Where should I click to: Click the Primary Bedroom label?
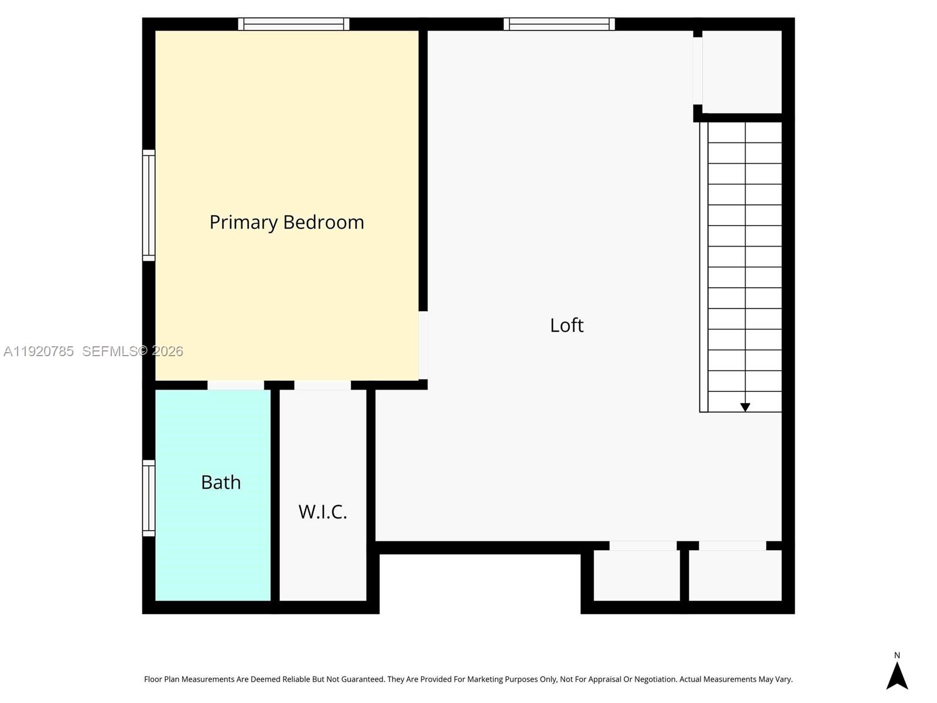(286, 222)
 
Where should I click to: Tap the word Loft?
(566, 325)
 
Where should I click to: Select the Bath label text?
(221, 482)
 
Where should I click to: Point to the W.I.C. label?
(323, 512)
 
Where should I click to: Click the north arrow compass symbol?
(897, 676)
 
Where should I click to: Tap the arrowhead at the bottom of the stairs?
(745, 407)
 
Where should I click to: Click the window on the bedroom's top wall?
(293, 24)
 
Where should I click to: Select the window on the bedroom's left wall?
(149, 205)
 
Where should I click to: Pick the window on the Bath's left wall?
(149, 498)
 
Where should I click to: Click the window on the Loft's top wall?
(559, 24)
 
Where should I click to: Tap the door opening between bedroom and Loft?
(423, 345)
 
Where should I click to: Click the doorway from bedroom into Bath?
(235, 385)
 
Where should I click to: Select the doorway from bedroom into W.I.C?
(322, 385)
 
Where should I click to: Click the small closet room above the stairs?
(742, 71)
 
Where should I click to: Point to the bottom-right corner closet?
(735, 575)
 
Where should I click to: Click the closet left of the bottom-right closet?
(637, 575)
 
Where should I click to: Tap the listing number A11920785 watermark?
(39, 351)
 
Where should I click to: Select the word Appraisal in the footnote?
(601, 680)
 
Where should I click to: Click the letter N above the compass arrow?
(897, 656)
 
